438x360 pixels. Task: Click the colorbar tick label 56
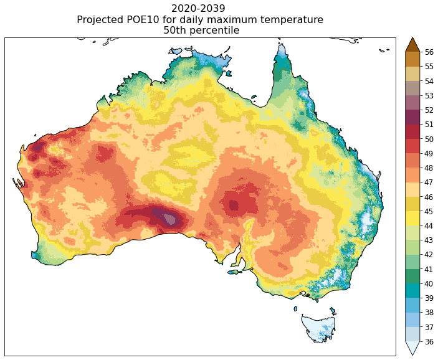429,52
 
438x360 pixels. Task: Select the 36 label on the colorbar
429,342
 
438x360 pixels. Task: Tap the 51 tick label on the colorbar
429,125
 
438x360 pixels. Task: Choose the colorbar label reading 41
429,270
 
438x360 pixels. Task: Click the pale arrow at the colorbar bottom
412,348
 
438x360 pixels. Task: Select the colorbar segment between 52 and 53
412,103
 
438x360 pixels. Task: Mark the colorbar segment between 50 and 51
412,131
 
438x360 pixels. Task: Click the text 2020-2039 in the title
198,9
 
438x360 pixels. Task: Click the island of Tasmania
319,328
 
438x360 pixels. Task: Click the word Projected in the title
102,20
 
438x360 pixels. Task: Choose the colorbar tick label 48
429,168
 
